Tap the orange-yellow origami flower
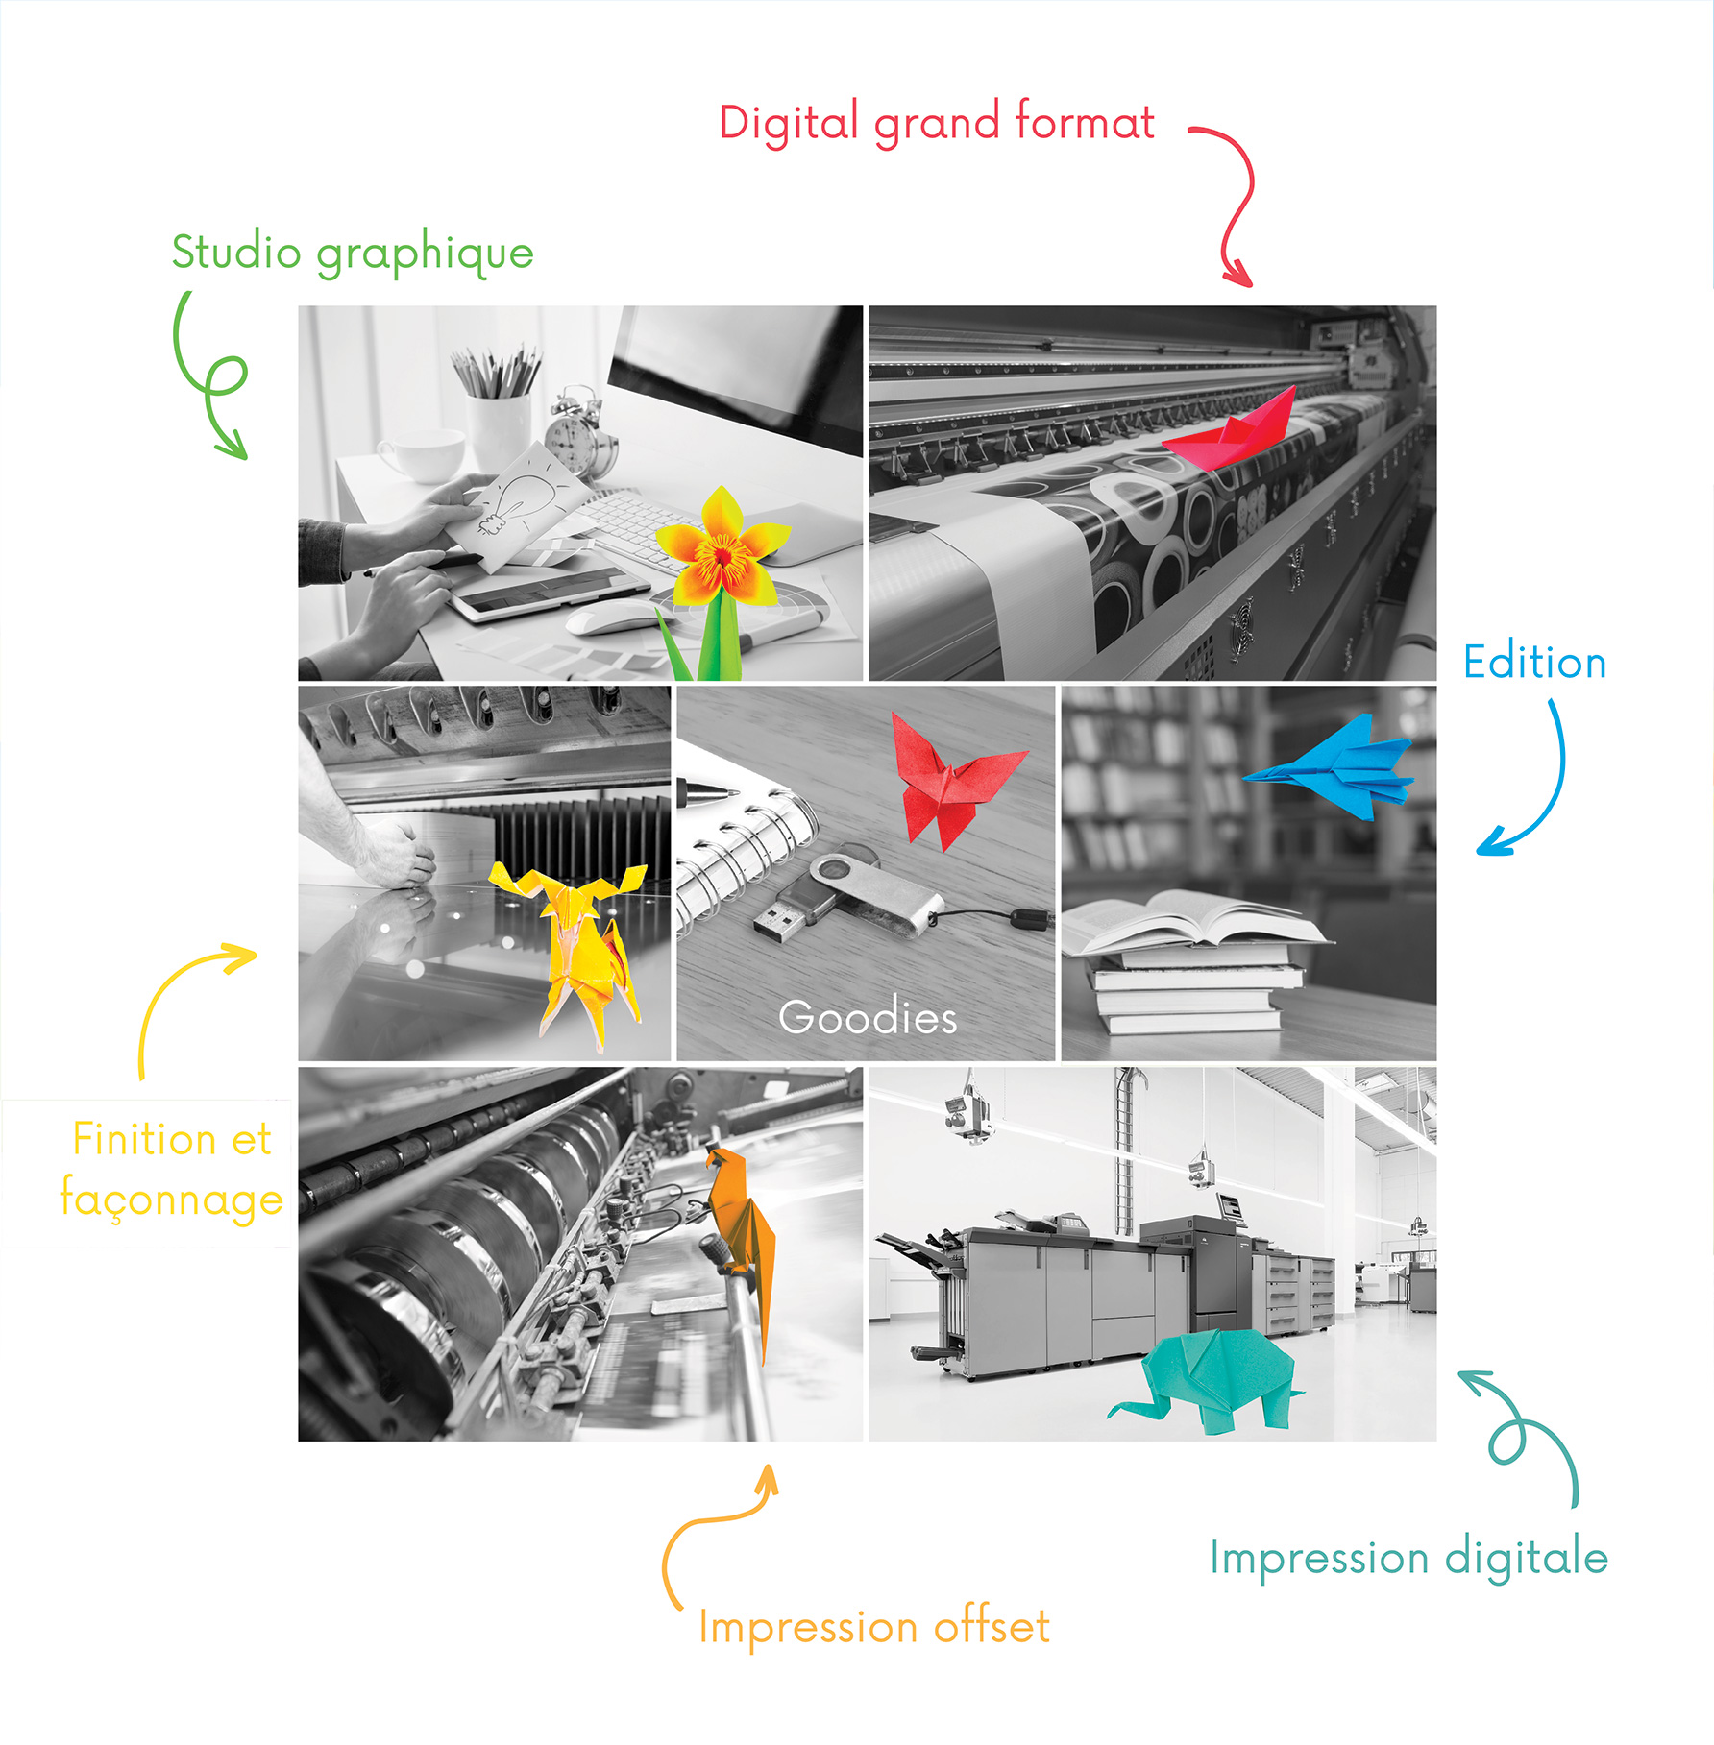721,557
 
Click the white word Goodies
868,1018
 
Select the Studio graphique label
353,254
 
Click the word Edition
1534,663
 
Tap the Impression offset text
874,1627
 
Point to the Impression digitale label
1408,1558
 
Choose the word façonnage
171,1200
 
